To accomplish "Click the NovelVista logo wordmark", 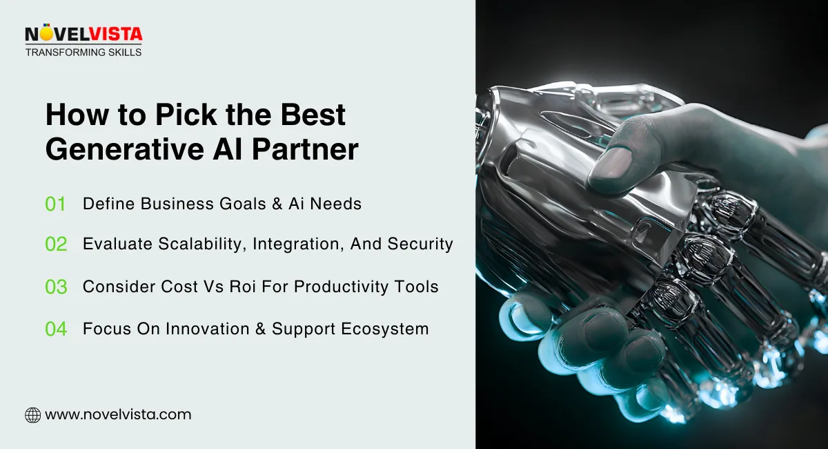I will [83, 34].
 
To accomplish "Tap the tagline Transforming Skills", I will [83, 52].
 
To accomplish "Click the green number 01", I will [55, 204].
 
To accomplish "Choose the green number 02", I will [56, 245].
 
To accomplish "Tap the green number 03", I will [56, 287].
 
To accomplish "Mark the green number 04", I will [56, 329].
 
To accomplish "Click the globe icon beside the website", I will [32, 415].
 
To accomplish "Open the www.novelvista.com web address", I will [118, 415].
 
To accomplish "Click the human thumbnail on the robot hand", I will [611, 163].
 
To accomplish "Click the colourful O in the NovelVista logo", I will [46, 34].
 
